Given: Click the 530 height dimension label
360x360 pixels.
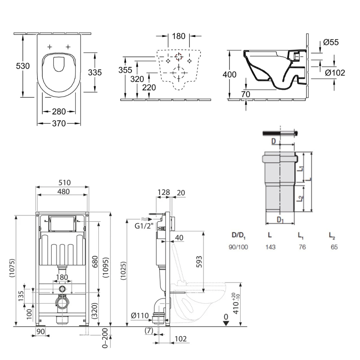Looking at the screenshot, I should pyautogui.click(x=23, y=66).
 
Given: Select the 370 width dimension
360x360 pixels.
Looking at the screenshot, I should pyautogui.click(x=59, y=123).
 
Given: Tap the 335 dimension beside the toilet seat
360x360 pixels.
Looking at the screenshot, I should pyautogui.click(x=95, y=72).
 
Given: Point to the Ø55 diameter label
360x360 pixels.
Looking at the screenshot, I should pyautogui.click(x=331, y=42).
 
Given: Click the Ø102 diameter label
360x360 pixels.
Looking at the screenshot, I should pyautogui.click(x=335, y=73).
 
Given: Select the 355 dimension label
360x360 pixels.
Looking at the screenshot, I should pyautogui.click(x=125, y=70).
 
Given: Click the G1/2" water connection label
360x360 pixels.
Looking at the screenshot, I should pyautogui.click(x=144, y=226).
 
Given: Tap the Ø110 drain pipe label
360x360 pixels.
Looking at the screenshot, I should pyautogui.click(x=140, y=316).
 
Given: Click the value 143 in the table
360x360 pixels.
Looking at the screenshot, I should pyautogui.click(x=270, y=247).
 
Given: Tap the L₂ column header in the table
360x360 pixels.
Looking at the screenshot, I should pyautogui.click(x=332, y=236).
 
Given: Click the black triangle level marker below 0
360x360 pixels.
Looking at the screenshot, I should pyautogui.click(x=226, y=323).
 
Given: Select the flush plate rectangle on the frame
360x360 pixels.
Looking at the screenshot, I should pyautogui.click(x=63, y=224).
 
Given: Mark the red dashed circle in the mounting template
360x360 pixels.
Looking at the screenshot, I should pyautogui.click(x=179, y=56).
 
